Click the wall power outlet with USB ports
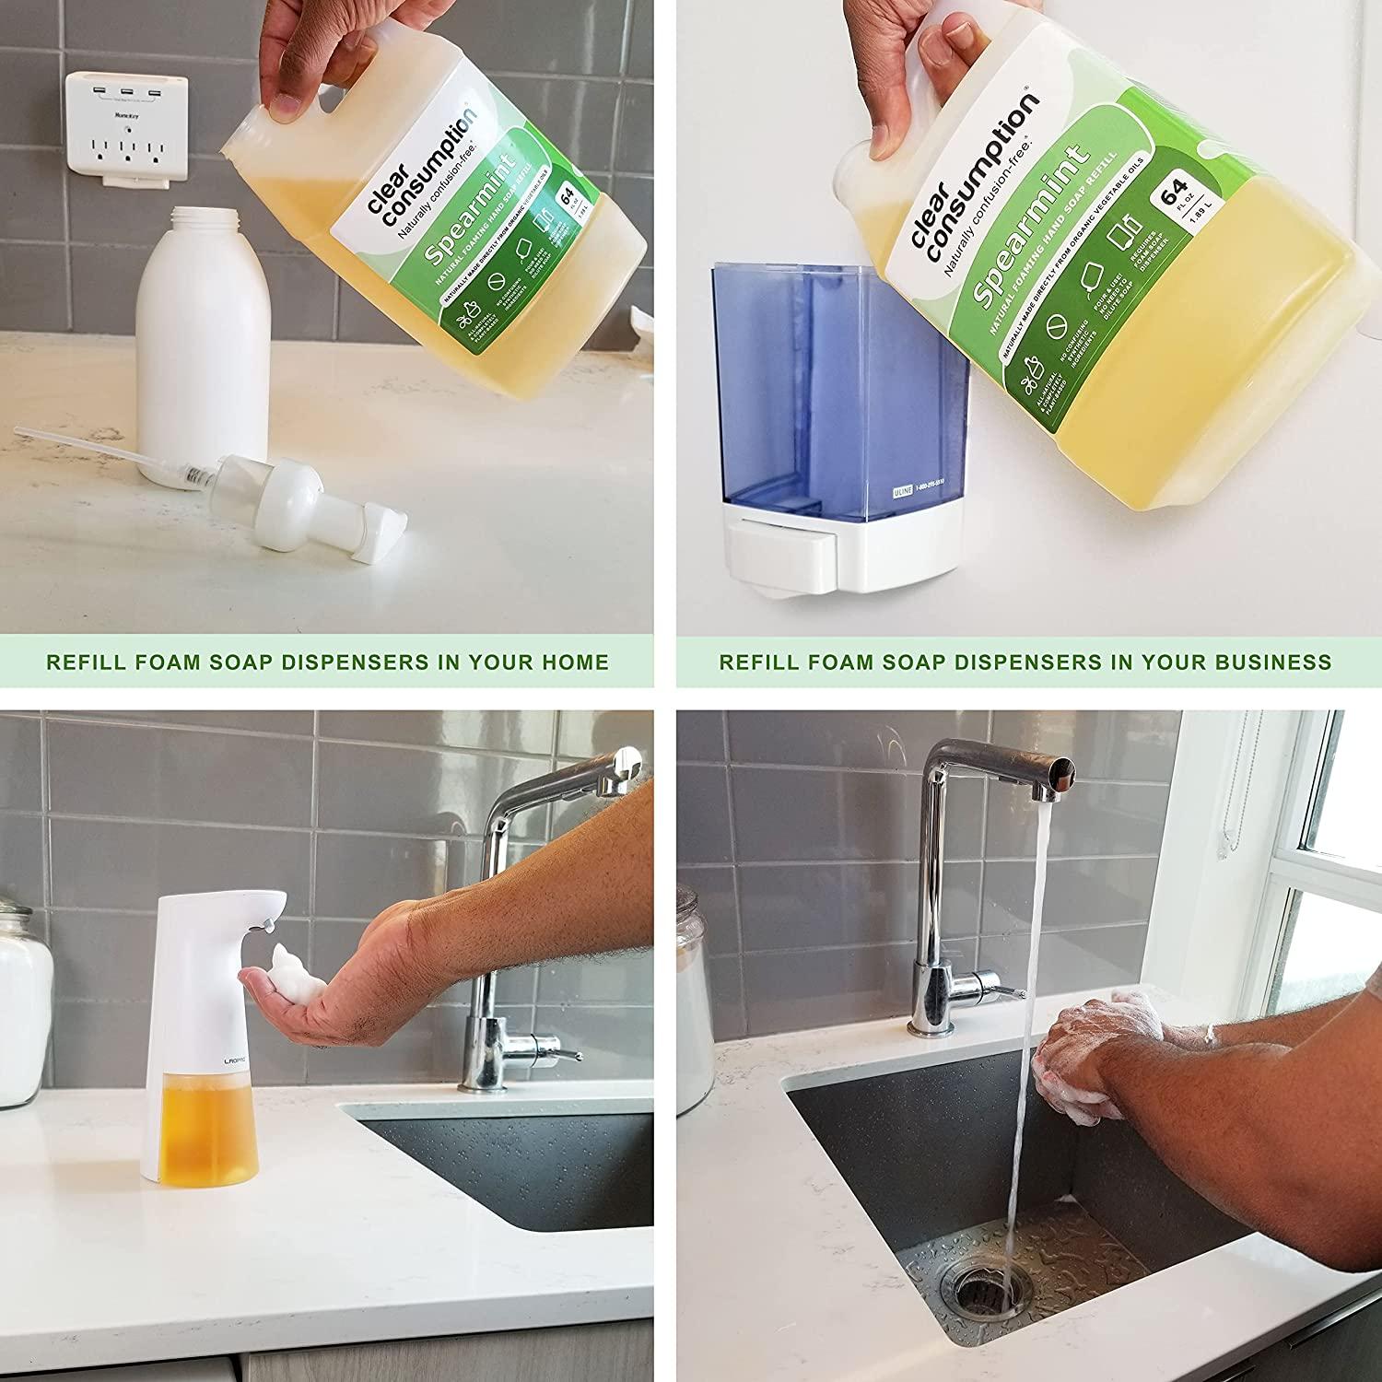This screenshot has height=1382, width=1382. [125, 131]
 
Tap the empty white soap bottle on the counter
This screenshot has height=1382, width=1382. [204, 341]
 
